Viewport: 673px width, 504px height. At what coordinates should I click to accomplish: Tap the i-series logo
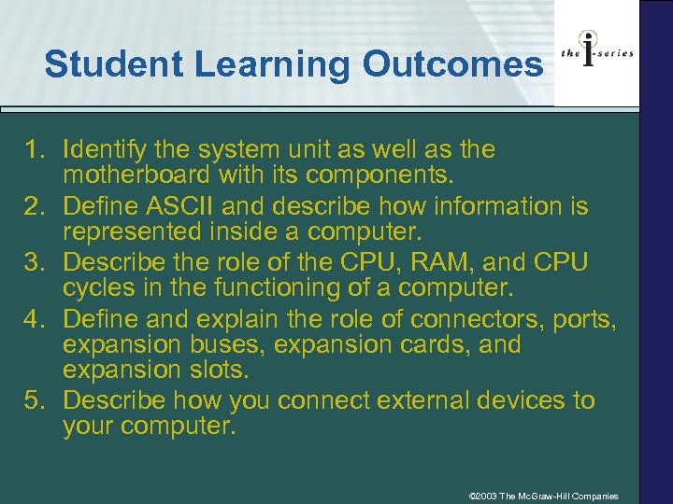[x=596, y=53]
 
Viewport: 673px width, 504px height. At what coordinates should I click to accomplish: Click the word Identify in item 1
[x=104, y=150]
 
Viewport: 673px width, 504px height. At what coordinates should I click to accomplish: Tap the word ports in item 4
[x=587, y=318]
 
